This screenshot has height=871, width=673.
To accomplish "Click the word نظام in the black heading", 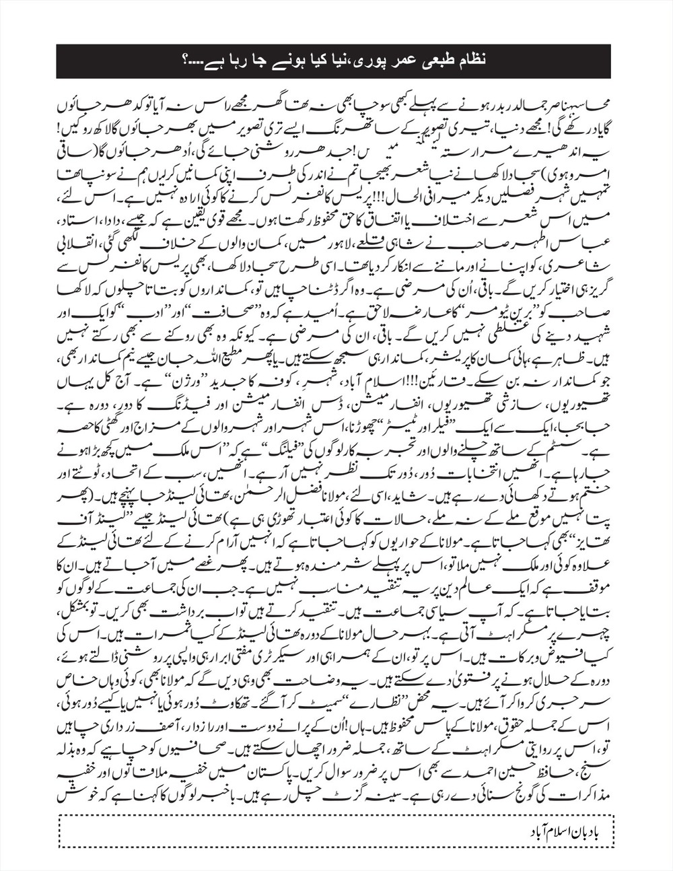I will tap(467, 61).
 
